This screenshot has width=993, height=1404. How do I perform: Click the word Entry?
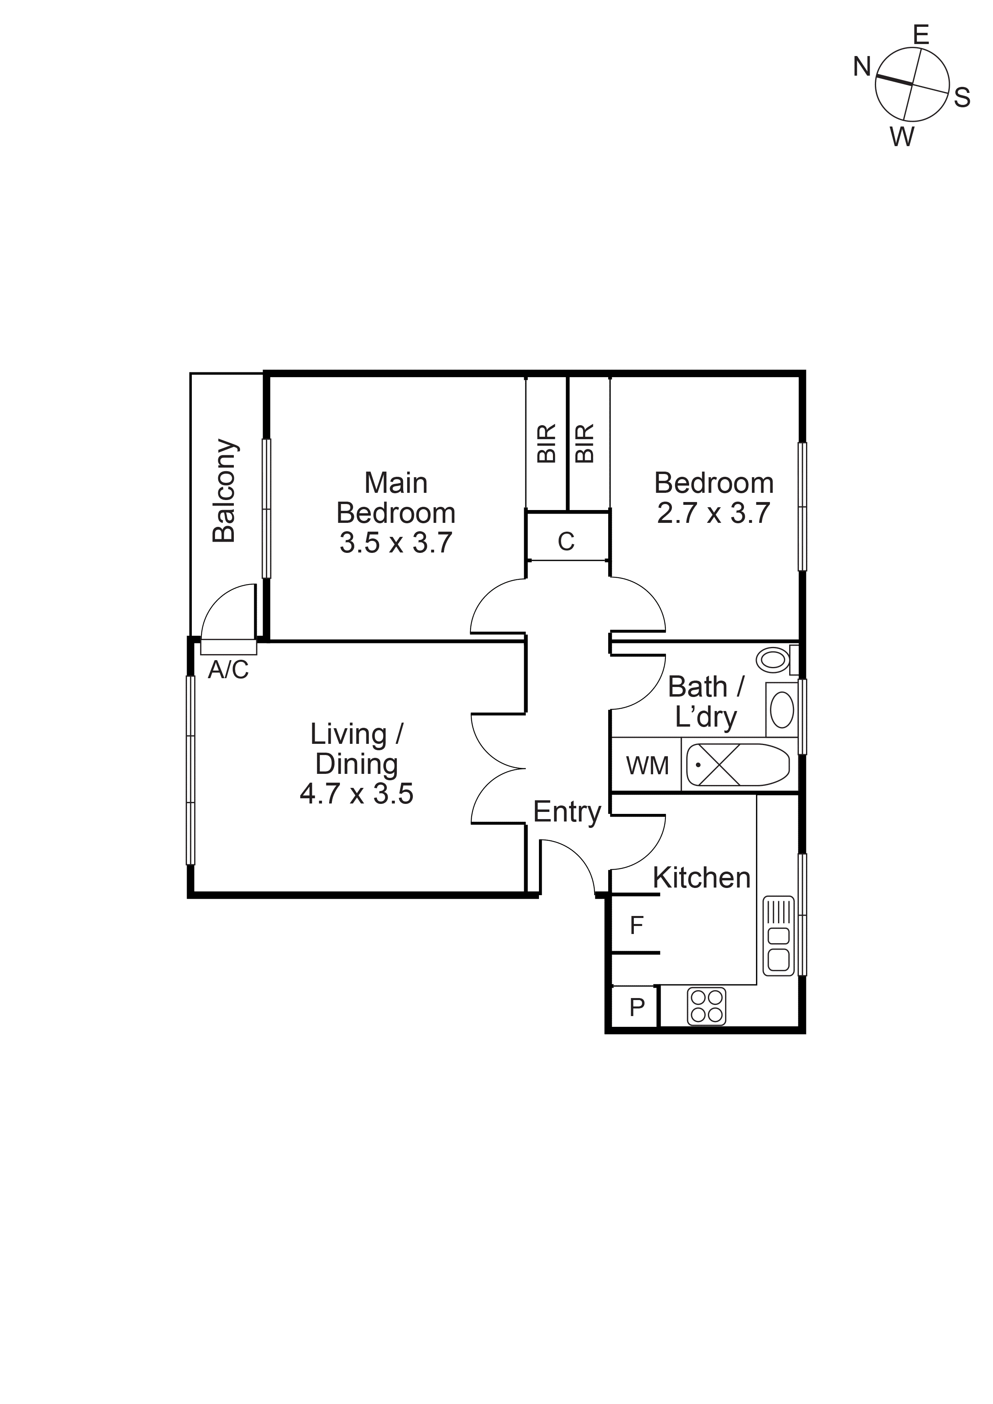(567, 812)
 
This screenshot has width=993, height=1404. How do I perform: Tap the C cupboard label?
(566, 541)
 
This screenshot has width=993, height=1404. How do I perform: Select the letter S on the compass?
(962, 98)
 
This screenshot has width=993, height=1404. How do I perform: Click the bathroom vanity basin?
(782, 711)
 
